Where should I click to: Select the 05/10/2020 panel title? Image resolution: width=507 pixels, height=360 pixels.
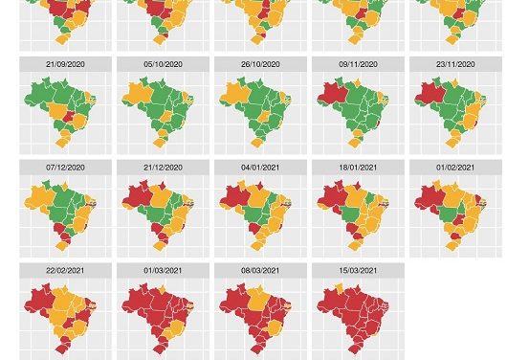(x=163, y=64)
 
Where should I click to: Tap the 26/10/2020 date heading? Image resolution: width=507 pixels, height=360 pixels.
(x=260, y=64)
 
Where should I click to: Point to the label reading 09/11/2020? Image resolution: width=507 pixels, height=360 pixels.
(x=358, y=64)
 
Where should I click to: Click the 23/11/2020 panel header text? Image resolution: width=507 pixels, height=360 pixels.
(x=455, y=64)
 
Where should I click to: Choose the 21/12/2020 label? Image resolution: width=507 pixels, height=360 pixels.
(x=163, y=168)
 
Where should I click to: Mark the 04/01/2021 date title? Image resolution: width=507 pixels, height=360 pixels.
(x=260, y=168)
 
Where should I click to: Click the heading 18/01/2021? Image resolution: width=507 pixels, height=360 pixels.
(x=358, y=168)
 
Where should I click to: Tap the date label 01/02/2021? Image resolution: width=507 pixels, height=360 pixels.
(x=455, y=168)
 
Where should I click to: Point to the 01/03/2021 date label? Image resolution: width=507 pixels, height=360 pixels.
(x=163, y=271)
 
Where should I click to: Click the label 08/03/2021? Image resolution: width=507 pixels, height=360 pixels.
(x=260, y=271)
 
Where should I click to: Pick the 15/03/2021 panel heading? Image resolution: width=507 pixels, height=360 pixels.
(x=358, y=271)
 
